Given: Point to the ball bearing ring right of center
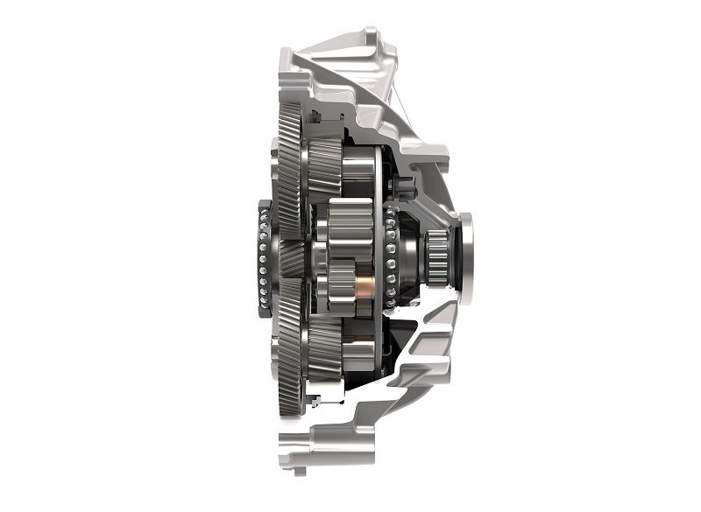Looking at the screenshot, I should pyautogui.click(x=389, y=257).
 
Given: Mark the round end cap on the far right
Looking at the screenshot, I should pyautogui.click(x=465, y=257).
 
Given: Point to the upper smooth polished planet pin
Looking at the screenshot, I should pyautogui.click(x=358, y=174).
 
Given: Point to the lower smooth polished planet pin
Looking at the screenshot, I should pyautogui.click(x=358, y=349).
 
